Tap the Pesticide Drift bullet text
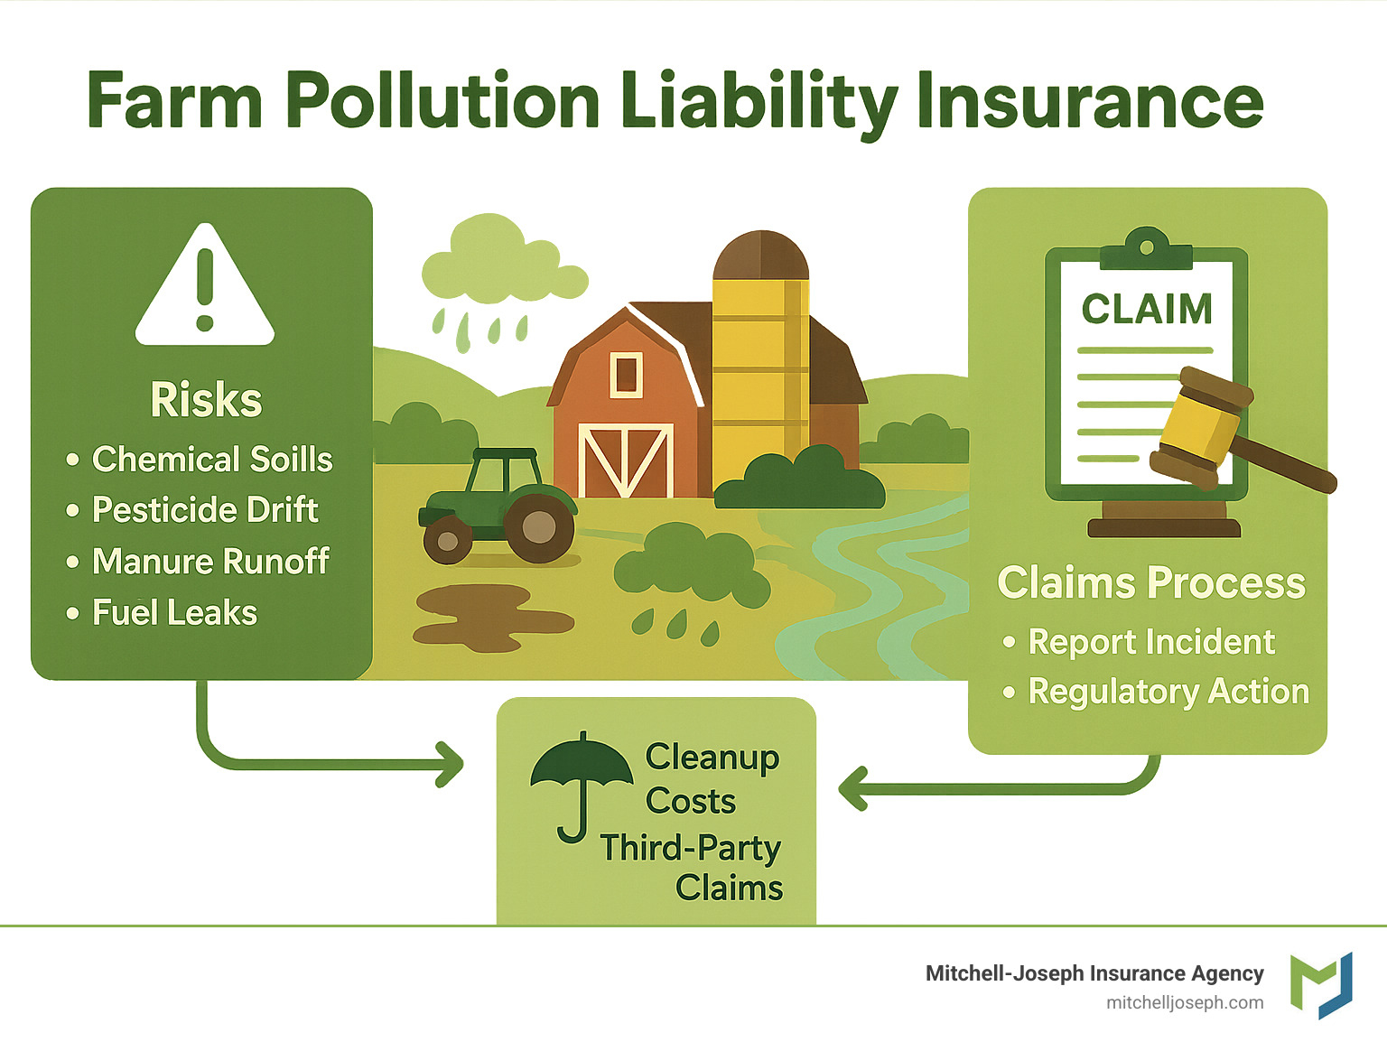coord(205,510)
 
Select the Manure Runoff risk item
coord(210,562)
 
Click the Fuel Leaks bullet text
coord(174,613)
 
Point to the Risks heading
coord(206,400)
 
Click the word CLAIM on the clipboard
coord(1147,310)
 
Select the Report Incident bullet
coord(1151,642)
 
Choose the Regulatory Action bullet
coord(1168,692)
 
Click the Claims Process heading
coord(1151,583)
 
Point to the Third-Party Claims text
coord(692,868)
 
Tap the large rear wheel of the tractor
coord(539,526)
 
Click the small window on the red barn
coord(626,374)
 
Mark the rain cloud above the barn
coord(501,262)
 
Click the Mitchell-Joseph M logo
coord(1321,985)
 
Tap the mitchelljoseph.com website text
coord(1185,1003)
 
